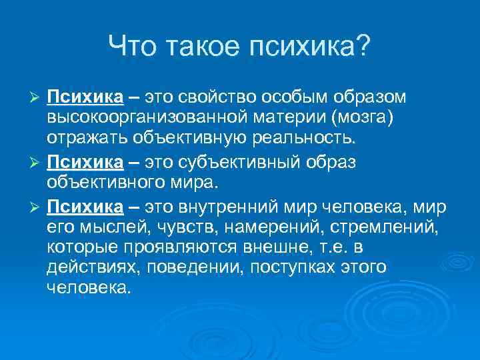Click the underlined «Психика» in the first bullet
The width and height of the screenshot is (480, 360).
coord(85,99)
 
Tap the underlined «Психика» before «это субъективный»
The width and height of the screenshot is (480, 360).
coord(85,160)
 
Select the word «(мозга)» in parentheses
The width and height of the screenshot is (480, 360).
coord(351,119)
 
